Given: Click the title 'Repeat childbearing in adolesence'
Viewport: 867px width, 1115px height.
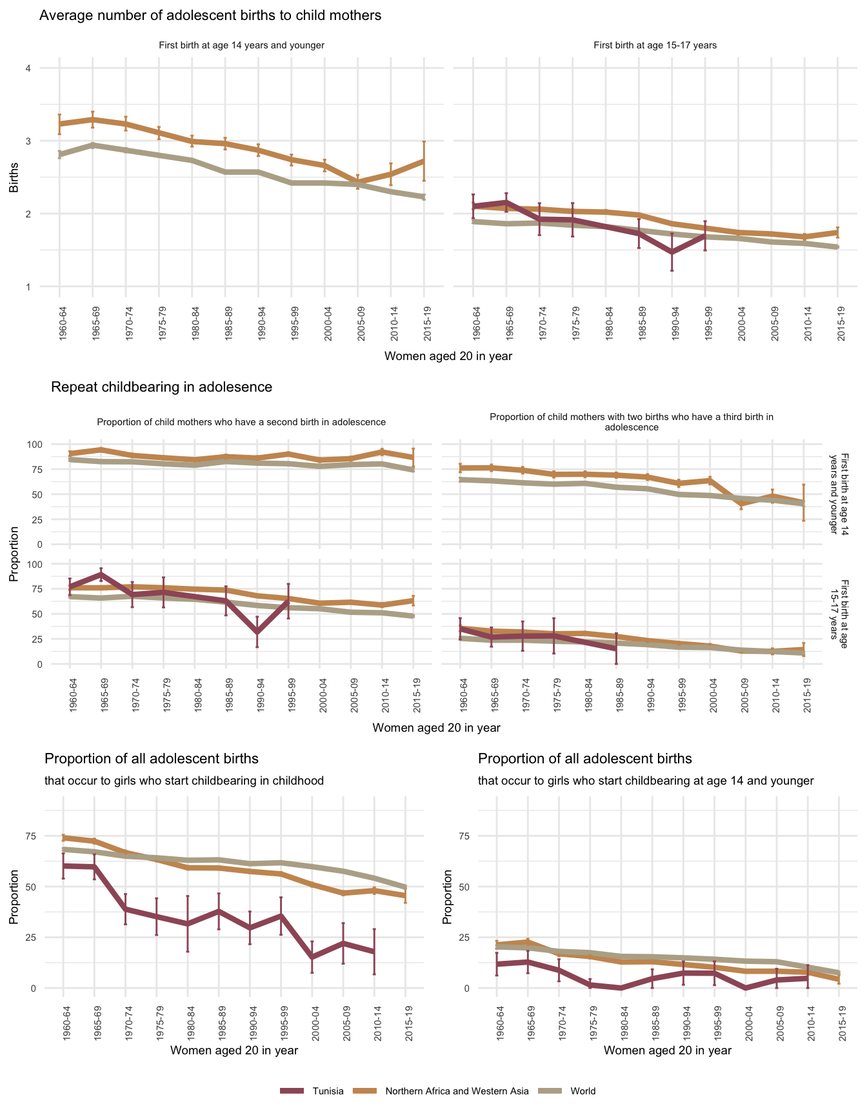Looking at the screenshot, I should (x=161, y=387).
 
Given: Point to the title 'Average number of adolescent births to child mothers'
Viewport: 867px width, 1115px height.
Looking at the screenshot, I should (x=210, y=15).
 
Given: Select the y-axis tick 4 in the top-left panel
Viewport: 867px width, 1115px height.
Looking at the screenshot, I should (x=28, y=68).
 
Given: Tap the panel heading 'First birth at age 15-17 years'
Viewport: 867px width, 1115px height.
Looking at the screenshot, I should (x=655, y=45).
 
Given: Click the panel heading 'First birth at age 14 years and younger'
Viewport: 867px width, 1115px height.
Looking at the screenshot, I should (x=241, y=45).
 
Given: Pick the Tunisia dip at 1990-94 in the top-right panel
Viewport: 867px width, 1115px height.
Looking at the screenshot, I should (x=672, y=252).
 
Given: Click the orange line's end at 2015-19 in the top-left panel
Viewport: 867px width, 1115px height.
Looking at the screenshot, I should (x=424, y=160).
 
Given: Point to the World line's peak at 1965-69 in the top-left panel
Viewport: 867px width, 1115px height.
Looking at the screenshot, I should (x=93, y=145).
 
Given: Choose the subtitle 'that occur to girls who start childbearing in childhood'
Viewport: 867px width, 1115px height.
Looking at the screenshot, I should (x=184, y=781).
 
